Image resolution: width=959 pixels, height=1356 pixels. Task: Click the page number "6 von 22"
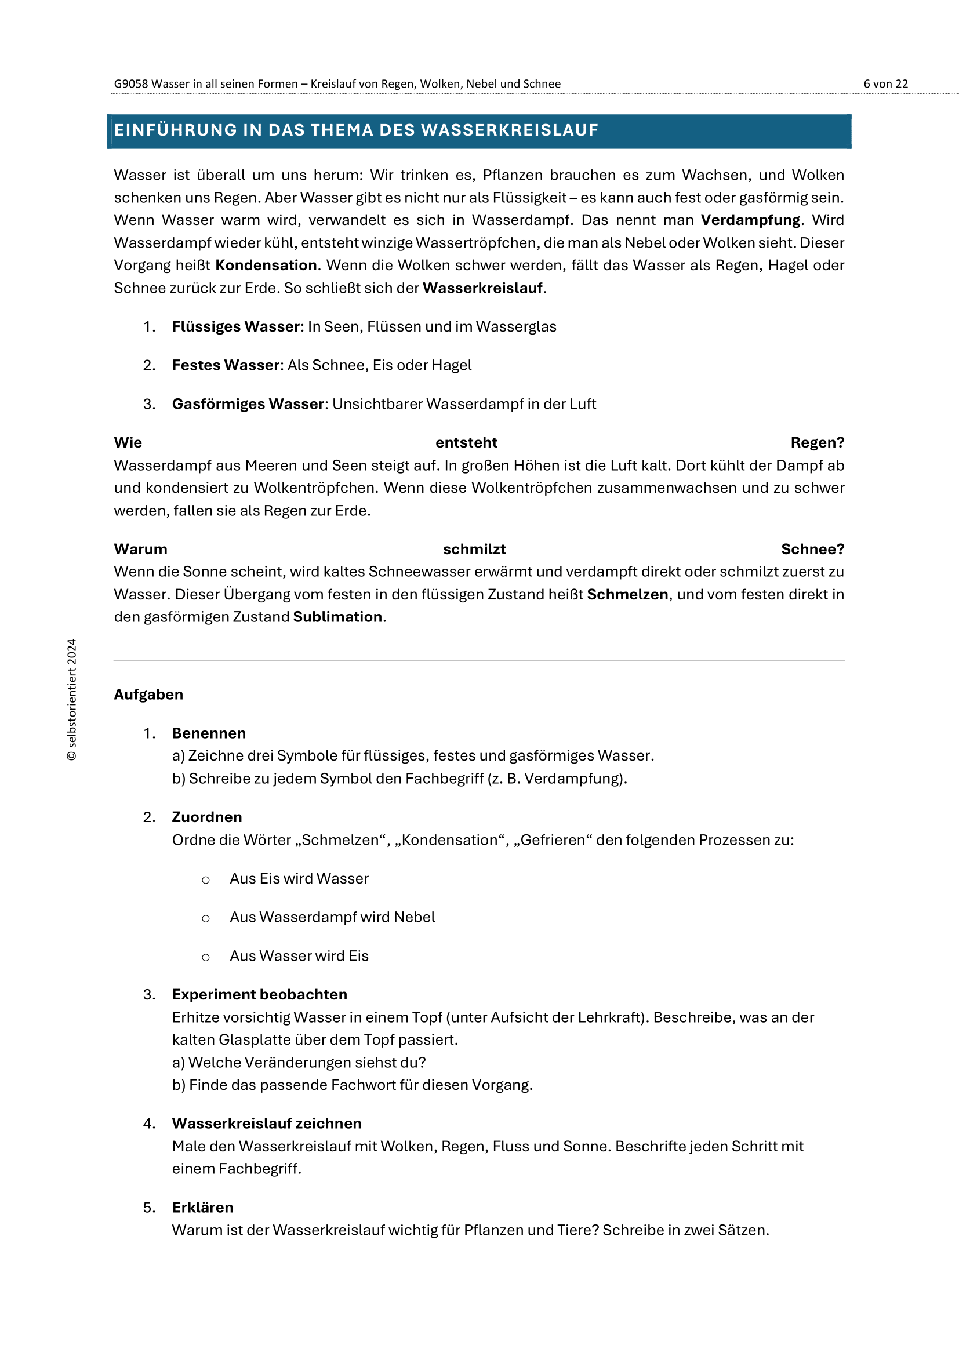(885, 84)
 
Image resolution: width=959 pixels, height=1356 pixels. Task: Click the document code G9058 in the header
(130, 84)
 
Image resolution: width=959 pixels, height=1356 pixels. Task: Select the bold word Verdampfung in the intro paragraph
(750, 220)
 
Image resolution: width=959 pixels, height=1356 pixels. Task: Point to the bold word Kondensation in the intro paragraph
(266, 265)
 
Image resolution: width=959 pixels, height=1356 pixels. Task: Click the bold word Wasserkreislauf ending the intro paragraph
(482, 288)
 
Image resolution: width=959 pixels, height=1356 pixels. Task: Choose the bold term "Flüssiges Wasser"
(236, 326)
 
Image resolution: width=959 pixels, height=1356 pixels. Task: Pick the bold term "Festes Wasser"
(226, 365)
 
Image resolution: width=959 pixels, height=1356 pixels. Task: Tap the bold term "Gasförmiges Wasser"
(248, 404)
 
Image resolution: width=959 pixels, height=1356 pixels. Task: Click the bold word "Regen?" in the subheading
(818, 442)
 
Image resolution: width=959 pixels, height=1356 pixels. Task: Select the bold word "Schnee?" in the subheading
(812, 549)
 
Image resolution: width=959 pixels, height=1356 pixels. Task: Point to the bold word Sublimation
(338, 617)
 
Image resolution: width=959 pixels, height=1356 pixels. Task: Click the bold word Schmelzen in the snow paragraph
(627, 594)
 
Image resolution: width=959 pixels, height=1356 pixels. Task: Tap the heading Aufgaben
(149, 695)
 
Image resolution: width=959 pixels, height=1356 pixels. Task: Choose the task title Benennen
(209, 733)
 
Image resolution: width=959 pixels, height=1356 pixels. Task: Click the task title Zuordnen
(207, 817)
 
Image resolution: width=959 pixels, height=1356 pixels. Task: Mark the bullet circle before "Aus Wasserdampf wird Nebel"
(205, 918)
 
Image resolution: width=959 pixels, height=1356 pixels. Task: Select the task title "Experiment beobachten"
(260, 995)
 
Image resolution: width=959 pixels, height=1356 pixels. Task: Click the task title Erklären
(202, 1208)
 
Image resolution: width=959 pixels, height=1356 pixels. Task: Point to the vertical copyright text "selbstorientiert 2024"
(71, 699)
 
